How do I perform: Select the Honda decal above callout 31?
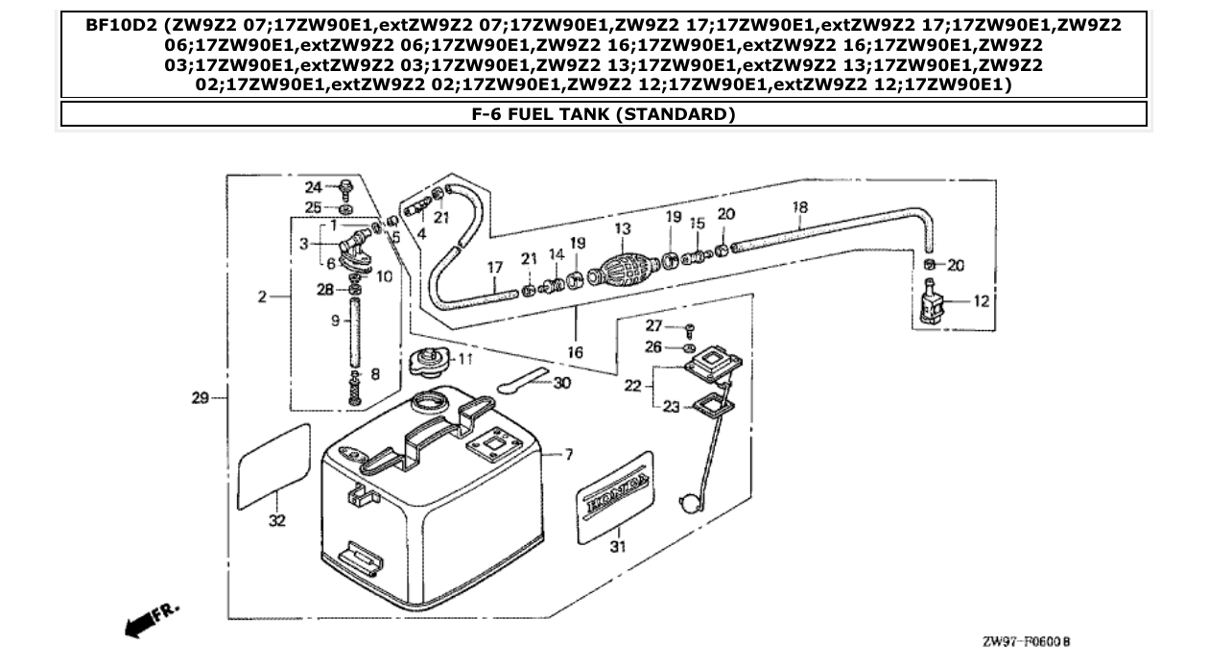615,489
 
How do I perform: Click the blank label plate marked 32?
273,465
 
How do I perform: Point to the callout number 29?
199,397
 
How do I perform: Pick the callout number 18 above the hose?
800,206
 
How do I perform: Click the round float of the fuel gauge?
687,503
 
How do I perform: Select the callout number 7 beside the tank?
569,454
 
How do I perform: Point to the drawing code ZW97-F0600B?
1026,641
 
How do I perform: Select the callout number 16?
575,353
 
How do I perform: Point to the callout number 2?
262,297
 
